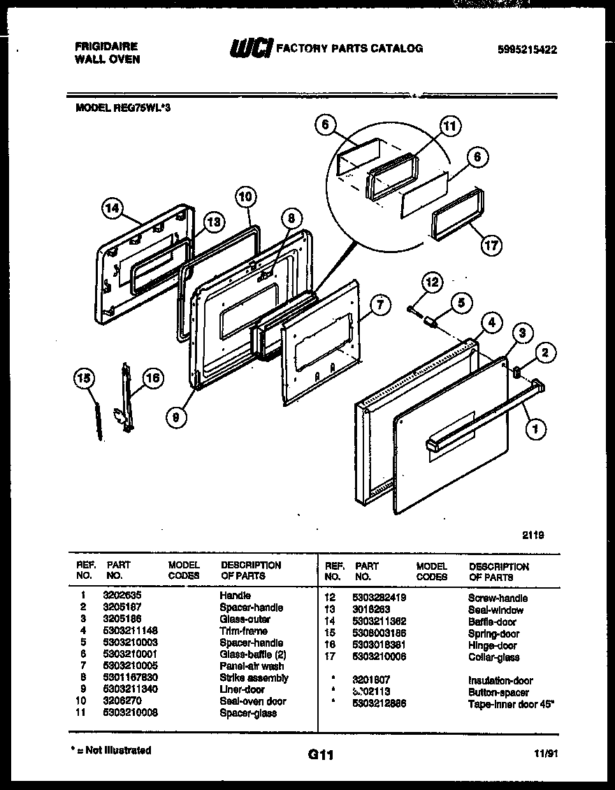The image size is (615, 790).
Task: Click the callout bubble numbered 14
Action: [111, 208]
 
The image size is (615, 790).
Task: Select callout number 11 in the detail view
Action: [449, 127]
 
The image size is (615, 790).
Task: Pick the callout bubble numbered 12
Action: [431, 283]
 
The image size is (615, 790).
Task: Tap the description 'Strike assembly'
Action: [253, 677]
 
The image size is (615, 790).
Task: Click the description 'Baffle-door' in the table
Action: [492, 622]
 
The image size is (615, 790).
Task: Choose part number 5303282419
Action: [380, 598]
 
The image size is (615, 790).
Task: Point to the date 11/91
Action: [547, 754]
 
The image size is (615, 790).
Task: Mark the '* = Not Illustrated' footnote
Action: [112, 750]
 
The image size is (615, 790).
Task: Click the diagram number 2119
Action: [533, 536]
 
